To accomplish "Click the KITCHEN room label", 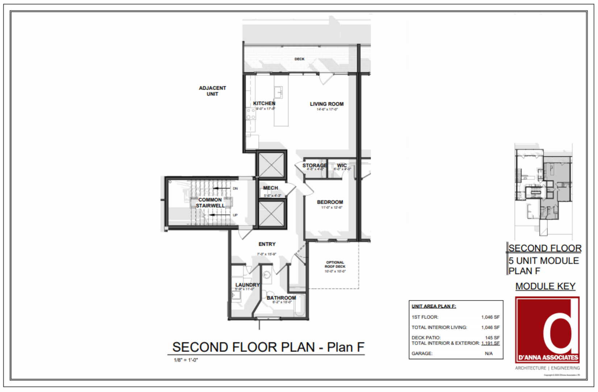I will tap(264, 103).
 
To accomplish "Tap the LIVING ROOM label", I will tap(327, 104).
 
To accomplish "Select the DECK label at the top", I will tap(299, 59).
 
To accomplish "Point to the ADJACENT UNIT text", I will tap(212, 91).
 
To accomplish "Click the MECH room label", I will tap(270, 188).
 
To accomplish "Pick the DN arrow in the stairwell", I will tap(221, 188).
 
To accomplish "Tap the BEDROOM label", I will tap(330, 202).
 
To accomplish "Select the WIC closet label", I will tap(342, 166).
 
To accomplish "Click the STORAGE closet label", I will tap(315, 166).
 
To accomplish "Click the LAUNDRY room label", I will tap(248, 285).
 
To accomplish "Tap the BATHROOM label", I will tap(281, 298).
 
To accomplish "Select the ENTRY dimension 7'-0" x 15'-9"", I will tap(267, 254).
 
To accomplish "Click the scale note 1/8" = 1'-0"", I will tap(186, 360).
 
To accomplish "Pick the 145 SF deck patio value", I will tap(492, 338).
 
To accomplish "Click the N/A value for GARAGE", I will tap(489, 353).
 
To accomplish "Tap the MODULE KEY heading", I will tap(545, 286).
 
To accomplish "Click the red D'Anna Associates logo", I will tap(547, 330).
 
